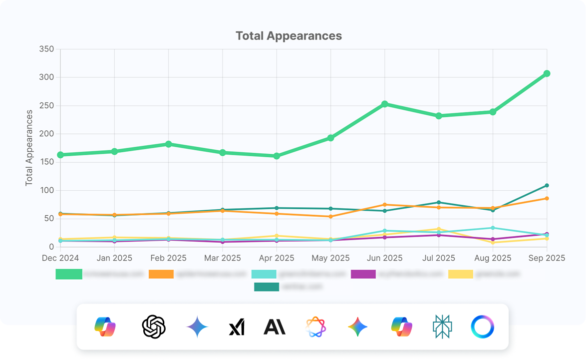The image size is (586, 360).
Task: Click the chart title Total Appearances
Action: click(289, 36)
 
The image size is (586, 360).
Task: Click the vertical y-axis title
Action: click(29, 148)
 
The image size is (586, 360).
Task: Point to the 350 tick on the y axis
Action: click(46, 49)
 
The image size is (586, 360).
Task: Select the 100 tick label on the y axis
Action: click(46, 190)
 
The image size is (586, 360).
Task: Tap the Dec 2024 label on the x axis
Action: click(60, 258)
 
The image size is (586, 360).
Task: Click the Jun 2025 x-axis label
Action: click(384, 258)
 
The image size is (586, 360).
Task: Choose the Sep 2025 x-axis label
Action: click(547, 258)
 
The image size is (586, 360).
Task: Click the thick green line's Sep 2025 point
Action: click(547, 73)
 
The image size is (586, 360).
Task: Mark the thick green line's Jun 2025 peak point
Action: click(384, 104)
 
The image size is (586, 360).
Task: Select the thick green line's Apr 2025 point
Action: click(277, 156)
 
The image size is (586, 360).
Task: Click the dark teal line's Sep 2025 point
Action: click(547, 186)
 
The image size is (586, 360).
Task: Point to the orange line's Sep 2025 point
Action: click(547, 199)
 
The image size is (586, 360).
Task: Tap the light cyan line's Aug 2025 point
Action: click(493, 228)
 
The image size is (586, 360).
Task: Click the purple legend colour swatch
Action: click(364, 274)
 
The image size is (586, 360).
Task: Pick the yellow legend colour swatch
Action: click(461, 274)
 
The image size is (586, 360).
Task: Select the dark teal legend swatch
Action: click(267, 287)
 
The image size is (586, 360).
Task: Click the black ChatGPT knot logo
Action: click(154, 327)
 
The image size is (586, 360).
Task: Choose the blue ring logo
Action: click(482, 327)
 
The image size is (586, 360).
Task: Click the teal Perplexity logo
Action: click(443, 327)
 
